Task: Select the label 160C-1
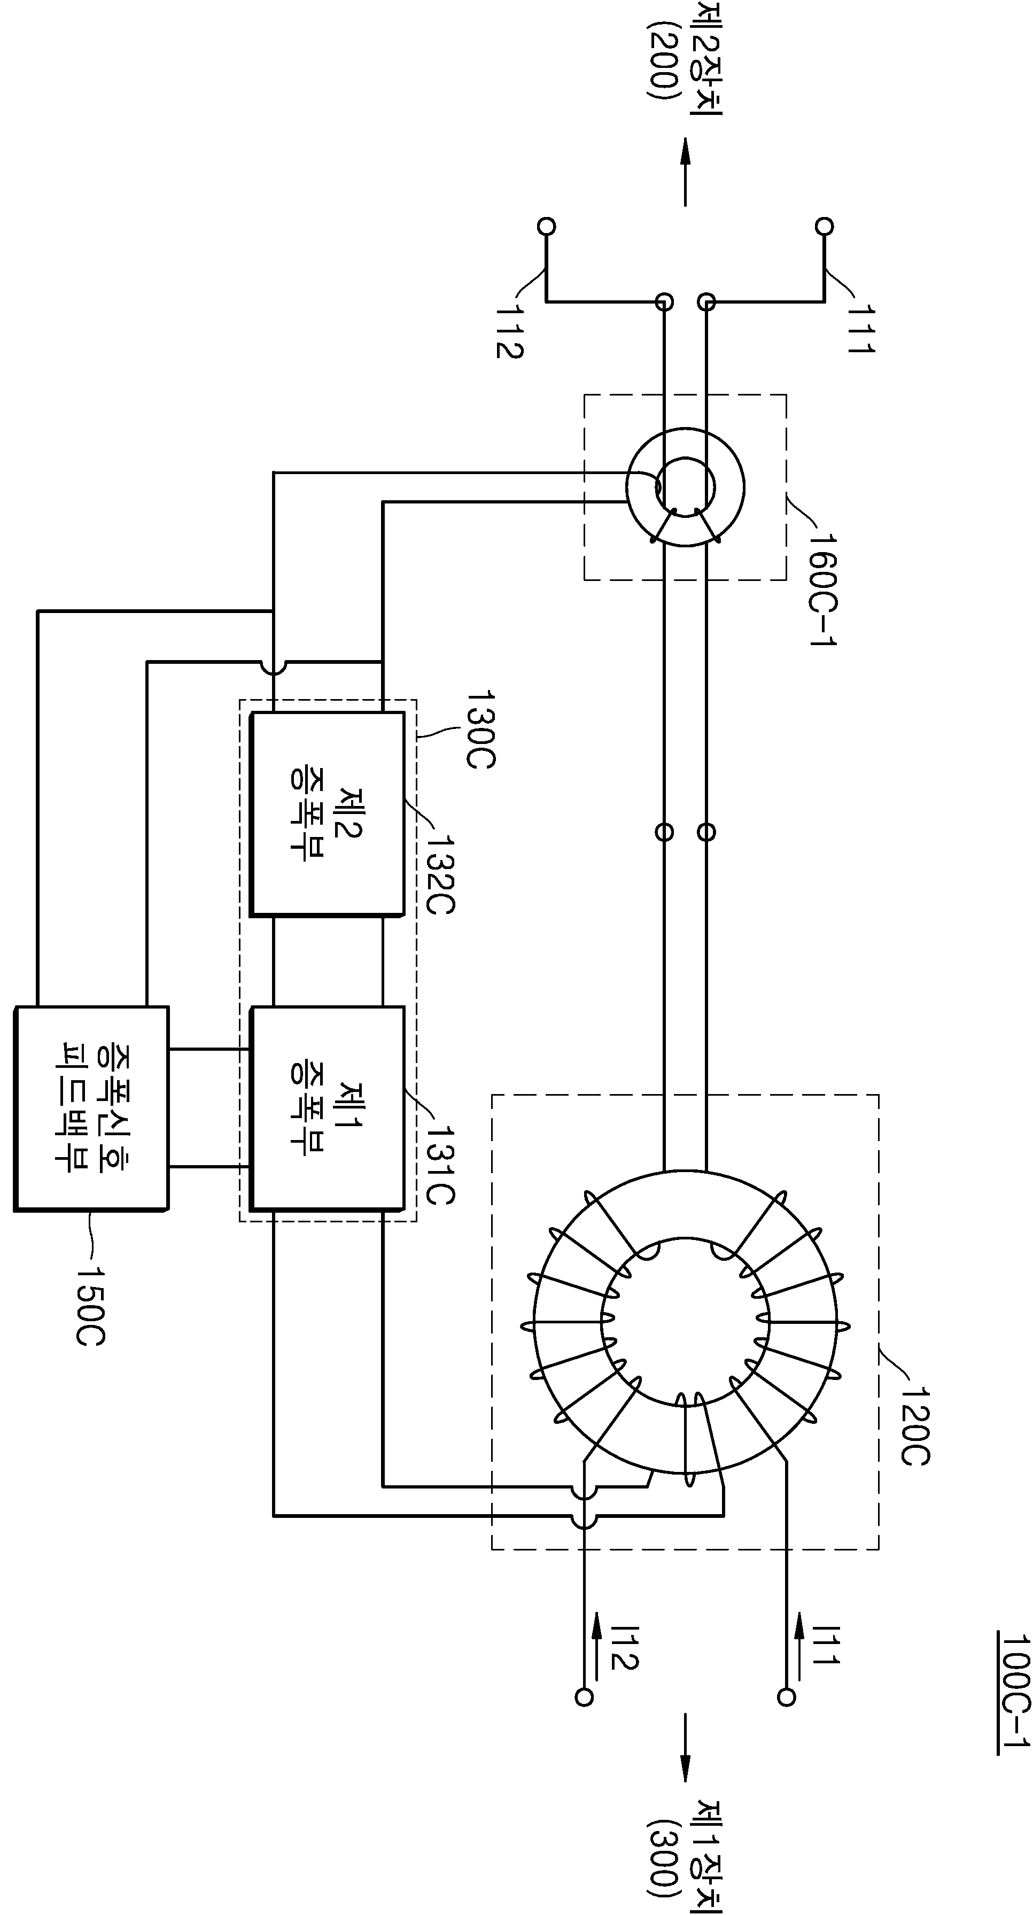coord(821,590)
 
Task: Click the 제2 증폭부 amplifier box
coord(327,813)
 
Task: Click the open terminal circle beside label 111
coord(824,225)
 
